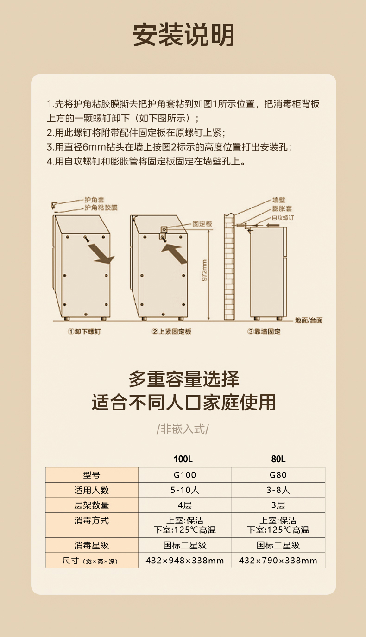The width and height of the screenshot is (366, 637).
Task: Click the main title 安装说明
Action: tap(183, 35)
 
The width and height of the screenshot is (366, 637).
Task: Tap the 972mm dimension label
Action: tap(204, 270)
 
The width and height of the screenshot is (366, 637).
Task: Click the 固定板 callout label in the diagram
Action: tap(202, 224)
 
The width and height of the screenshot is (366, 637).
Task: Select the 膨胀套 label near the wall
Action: tap(282, 208)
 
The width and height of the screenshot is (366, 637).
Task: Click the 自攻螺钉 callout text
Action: tap(283, 218)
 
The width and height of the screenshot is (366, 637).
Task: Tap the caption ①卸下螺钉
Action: tap(84, 332)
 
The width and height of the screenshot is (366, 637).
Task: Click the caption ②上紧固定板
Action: tap(171, 332)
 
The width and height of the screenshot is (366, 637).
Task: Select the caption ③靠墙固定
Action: tap(264, 332)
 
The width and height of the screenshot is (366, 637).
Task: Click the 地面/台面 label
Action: tap(309, 321)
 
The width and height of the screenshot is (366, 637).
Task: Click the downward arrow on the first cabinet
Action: tap(101, 253)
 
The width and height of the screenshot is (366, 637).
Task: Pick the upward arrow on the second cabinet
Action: tap(175, 252)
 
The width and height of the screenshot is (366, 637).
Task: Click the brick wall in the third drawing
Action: tap(229, 267)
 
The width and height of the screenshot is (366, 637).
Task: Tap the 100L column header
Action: tap(183, 459)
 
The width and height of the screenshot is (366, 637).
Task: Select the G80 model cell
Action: tap(278, 474)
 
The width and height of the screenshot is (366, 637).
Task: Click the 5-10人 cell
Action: tap(185, 490)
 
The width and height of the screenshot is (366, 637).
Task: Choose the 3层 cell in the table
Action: tap(278, 505)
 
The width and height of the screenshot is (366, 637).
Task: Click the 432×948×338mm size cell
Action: tap(185, 561)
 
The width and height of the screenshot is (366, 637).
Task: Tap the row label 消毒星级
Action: tap(92, 545)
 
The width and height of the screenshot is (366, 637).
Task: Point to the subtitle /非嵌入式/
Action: tap(183, 429)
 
